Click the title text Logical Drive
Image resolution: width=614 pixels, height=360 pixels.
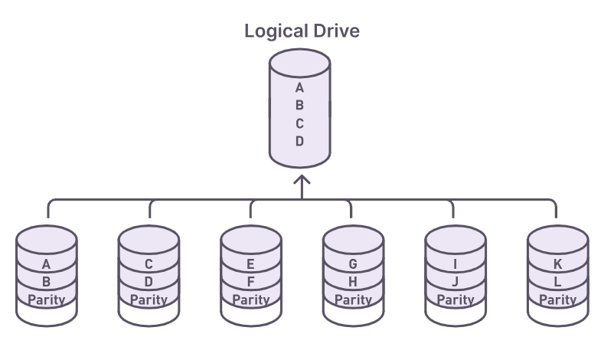tap(302, 32)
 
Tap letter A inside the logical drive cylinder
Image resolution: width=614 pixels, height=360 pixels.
tap(300, 87)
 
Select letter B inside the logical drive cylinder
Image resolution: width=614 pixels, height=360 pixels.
tap(300, 105)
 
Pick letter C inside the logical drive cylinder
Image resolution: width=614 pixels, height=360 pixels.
tap(300, 123)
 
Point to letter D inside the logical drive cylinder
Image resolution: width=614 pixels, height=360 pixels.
tap(300, 142)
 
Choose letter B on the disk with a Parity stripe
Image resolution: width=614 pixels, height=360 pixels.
tap(47, 282)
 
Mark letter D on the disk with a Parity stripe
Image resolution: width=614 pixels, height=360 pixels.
tap(149, 282)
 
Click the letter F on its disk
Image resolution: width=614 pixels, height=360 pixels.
tap(251, 282)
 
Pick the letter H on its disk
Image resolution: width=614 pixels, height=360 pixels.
tap(353, 282)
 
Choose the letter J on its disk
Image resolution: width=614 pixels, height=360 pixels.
tap(456, 282)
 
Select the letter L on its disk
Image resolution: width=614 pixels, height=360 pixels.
tap(557, 282)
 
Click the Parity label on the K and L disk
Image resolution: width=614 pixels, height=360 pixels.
tap(557, 299)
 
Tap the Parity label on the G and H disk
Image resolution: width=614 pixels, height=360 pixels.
tap(353, 299)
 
